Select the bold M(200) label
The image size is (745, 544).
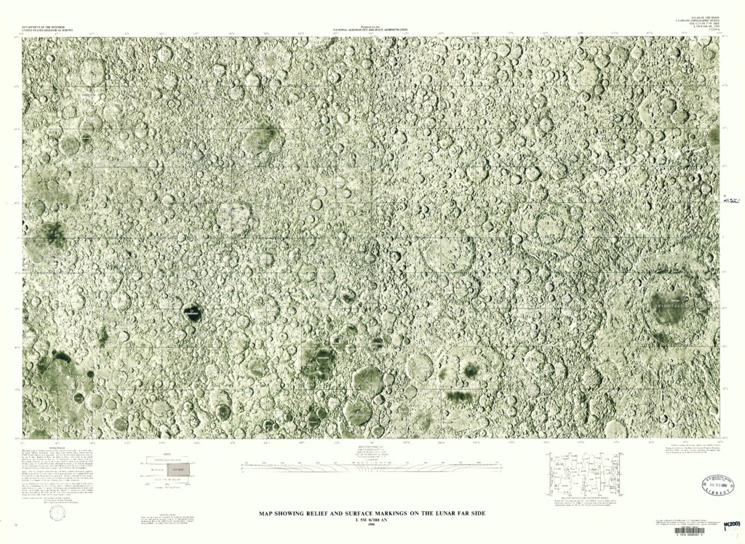coord(728,524)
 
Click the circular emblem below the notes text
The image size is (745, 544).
coord(57,512)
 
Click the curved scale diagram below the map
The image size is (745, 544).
coord(372,466)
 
